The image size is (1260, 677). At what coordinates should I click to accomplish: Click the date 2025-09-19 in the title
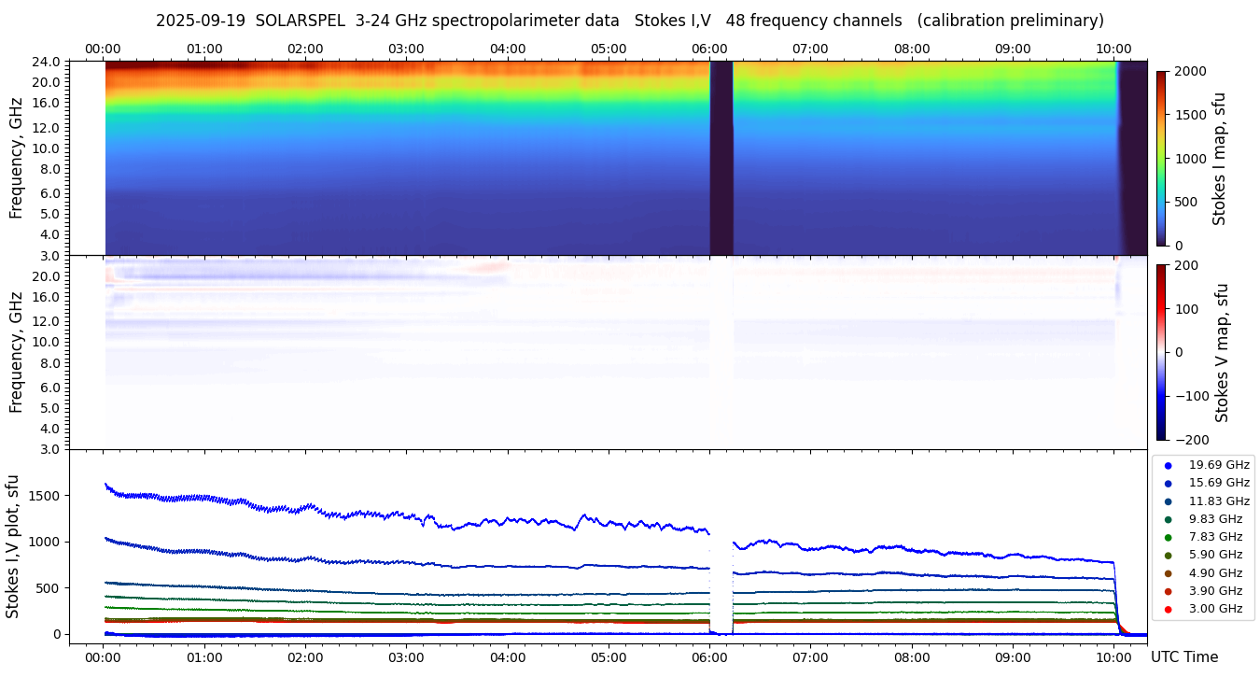point(200,21)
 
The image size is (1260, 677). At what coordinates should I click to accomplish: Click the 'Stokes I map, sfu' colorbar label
point(1219,159)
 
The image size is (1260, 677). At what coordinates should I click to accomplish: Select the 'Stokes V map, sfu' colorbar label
point(1223,353)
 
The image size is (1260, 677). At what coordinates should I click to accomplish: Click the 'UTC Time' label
point(1184,657)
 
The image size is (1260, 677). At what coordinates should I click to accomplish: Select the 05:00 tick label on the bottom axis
point(609,657)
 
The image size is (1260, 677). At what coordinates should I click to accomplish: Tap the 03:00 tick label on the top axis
point(406,49)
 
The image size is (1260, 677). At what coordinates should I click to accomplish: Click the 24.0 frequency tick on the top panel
point(49,62)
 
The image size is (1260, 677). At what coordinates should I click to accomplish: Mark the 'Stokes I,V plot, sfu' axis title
point(13,546)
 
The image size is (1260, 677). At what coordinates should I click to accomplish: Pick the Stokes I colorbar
point(1161,159)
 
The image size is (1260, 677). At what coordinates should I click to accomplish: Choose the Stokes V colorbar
point(1161,352)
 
